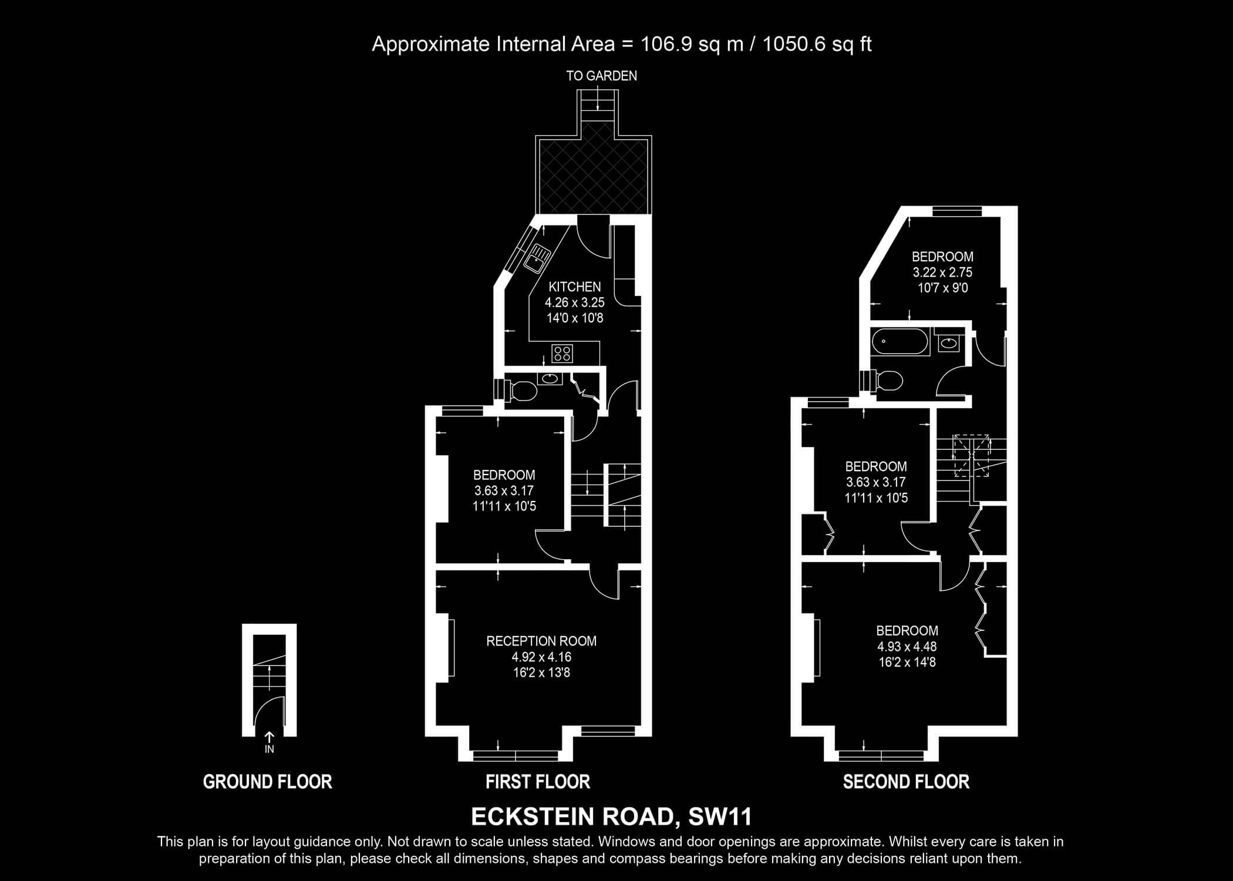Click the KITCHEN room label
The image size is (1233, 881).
(x=574, y=287)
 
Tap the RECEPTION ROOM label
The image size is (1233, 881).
(x=541, y=641)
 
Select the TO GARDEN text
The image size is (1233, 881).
(x=601, y=76)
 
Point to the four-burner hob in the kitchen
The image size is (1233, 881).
(x=562, y=354)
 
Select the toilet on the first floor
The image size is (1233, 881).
(x=521, y=389)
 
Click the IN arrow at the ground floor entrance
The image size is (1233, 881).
(x=269, y=737)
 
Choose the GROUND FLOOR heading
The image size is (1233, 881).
(x=268, y=782)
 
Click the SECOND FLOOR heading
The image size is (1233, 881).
(x=906, y=782)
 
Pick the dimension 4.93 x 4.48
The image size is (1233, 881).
(x=907, y=647)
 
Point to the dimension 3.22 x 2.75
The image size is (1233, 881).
(x=942, y=273)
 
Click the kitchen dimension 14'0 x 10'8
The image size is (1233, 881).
(x=574, y=318)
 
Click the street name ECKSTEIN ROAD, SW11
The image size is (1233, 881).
(x=611, y=817)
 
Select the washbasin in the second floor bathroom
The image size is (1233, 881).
(x=948, y=343)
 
